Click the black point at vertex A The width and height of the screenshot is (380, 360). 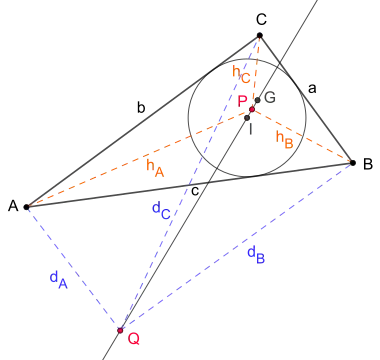pos(26,207)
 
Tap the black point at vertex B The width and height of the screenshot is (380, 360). pos(353,163)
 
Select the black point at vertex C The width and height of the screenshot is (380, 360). pos(260,35)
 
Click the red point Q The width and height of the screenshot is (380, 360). pos(120,330)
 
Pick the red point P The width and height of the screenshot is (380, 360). pos(252,109)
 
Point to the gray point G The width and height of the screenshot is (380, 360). pos(257,100)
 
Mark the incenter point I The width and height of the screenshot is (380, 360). pos(247,118)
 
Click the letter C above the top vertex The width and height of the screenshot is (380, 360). pos(261,20)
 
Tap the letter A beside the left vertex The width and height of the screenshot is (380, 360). pos(13,206)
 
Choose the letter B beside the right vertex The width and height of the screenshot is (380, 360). pos(368,164)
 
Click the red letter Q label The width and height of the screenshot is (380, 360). pos(134,339)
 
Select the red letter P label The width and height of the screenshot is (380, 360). pos(242,101)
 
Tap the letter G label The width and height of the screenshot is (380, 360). pos(270,98)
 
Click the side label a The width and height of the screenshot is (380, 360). pos(312,89)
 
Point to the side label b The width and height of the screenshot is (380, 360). pos(141,107)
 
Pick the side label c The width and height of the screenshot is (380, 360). pos(195,191)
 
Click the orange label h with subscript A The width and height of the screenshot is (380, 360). pos(155,168)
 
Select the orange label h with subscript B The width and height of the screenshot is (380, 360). pos(284,139)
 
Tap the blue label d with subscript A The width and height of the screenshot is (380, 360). pos(59,279)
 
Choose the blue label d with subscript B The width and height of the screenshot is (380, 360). pos(256,255)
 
